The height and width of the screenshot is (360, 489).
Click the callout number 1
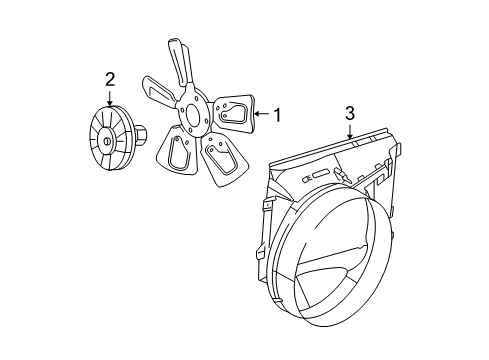click(277, 115)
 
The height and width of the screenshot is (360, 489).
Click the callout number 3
click(350, 116)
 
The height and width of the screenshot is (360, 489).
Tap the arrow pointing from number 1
click(262, 115)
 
